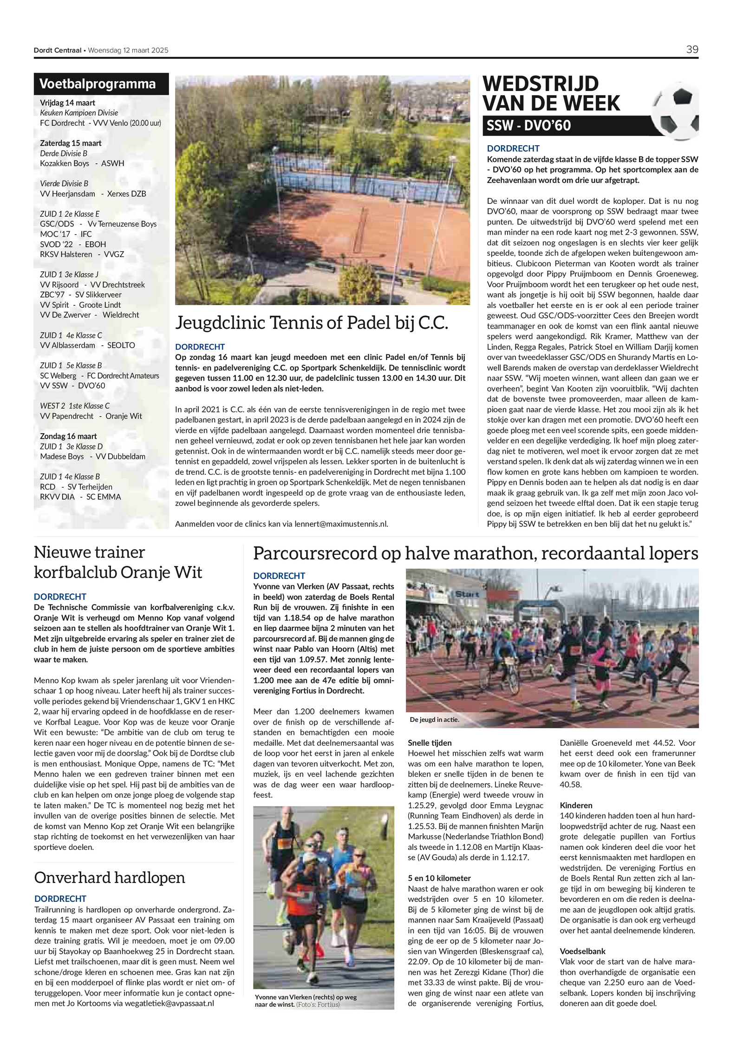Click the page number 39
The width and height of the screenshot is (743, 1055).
coord(691,50)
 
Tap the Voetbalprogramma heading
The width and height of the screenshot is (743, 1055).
coord(98,84)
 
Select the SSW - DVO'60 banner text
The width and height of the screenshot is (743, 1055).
coord(528,126)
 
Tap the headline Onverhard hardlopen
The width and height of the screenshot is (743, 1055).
coord(110,877)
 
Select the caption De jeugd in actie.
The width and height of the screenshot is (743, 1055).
coord(434,720)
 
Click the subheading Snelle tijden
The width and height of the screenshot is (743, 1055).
coord(430,743)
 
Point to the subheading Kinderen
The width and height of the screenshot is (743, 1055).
coord(576,805)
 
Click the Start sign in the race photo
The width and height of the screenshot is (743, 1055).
coord(467,594)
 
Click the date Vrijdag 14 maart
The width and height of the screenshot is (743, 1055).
coord(67,103)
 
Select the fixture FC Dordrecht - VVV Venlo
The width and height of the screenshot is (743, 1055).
coord(100,123)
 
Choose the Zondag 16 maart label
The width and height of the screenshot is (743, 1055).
coord(68,436)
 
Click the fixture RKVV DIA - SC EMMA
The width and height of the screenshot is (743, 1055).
coord(80,497)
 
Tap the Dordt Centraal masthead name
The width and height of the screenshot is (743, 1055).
coord(57,50)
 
